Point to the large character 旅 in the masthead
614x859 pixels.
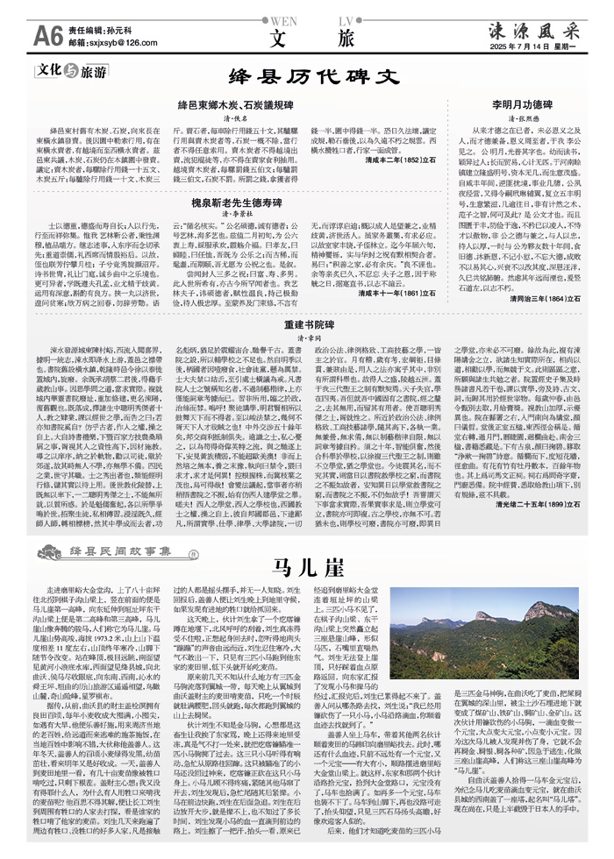346,38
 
